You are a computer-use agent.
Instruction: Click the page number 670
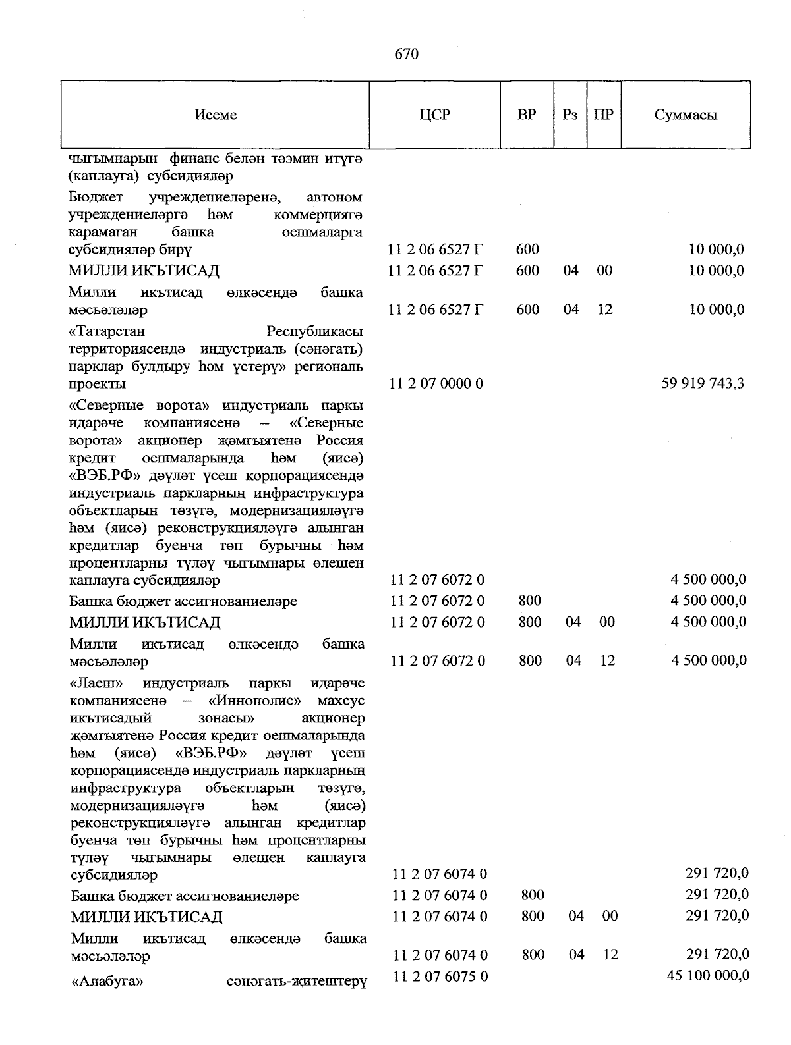407,54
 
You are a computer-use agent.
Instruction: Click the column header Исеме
216,115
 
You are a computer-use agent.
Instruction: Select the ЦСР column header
434,115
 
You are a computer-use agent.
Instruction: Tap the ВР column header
527,115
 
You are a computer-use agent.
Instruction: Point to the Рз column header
570,115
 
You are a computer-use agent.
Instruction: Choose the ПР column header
603,115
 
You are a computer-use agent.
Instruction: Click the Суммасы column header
686,115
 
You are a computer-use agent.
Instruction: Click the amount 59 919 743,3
703,383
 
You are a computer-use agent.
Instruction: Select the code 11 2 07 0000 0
436,383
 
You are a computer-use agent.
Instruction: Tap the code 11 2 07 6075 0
440,976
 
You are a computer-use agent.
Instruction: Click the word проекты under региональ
97,384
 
